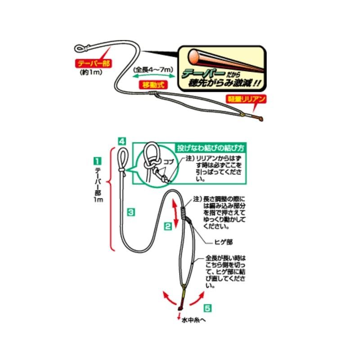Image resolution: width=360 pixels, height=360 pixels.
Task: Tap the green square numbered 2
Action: [167, 227]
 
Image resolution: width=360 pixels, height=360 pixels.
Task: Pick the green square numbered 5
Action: [207, 308]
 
